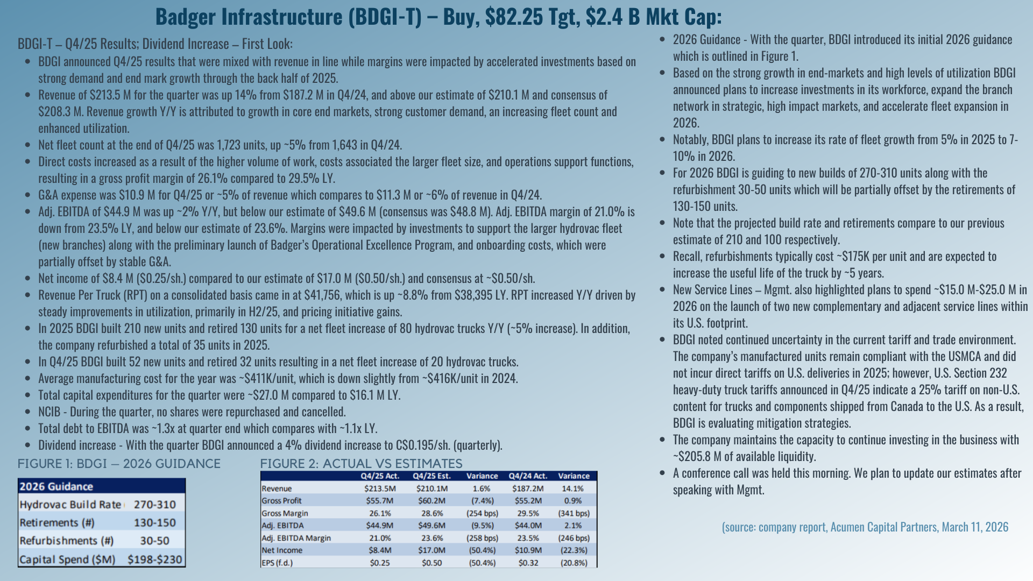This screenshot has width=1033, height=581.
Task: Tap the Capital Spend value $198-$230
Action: coord(155,559)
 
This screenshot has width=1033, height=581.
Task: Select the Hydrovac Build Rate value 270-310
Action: coord(155,505)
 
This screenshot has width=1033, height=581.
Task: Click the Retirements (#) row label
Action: coord(57,523)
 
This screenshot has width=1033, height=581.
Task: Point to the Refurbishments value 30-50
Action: coord(155,541)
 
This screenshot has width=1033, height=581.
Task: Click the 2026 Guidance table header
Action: coord(56,487)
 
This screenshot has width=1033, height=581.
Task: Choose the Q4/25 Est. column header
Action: coord(431,476)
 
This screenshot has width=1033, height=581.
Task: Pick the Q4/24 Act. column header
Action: coord(528,476)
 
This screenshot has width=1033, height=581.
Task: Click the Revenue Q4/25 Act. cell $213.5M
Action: coord(380,488)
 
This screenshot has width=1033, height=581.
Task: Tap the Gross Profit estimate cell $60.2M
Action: coord(431,501)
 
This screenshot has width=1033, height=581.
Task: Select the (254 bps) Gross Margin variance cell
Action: coord(482,513)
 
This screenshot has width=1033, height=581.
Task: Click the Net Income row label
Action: coord(282,550)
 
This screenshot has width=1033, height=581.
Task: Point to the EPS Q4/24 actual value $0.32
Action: coord(528,563)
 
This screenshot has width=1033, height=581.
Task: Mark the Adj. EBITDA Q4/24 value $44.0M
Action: coord(528,526)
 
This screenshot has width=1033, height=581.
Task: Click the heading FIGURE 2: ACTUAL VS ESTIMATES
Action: coord(361,464)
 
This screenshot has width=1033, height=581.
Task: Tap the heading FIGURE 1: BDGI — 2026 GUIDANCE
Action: coord(119,464)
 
